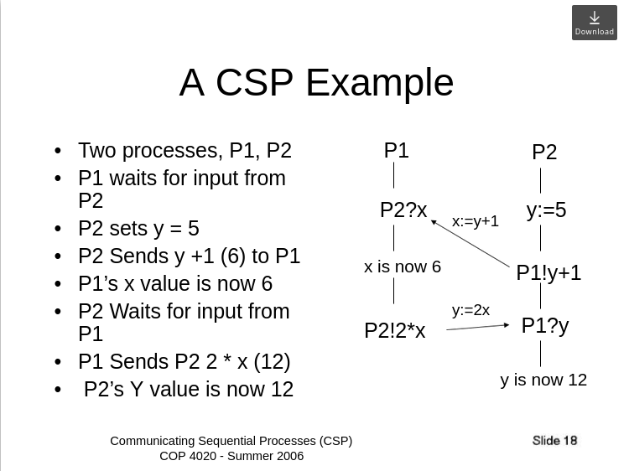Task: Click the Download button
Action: (594, 23)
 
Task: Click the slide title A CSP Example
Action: (316, 83)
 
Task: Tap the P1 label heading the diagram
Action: (396, 151)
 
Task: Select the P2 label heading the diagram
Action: (544, 153)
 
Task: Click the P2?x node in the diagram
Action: (403, 210)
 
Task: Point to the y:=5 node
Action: (546, 210)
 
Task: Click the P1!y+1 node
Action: (548, 273)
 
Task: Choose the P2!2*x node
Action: (394, 331)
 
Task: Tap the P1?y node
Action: (545, 326)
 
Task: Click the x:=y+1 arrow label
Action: (476, 221)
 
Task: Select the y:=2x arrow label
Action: (470, 310)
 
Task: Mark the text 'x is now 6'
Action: (402, 267)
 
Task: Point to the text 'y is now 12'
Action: (543, 380)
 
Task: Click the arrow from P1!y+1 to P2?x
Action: (470, 244)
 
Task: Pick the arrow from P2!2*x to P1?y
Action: (477, 327)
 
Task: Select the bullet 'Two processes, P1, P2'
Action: (185, 151)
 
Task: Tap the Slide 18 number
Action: (554, 441)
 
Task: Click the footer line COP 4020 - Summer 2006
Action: (231, 456)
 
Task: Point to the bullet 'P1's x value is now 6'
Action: (175, 284)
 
